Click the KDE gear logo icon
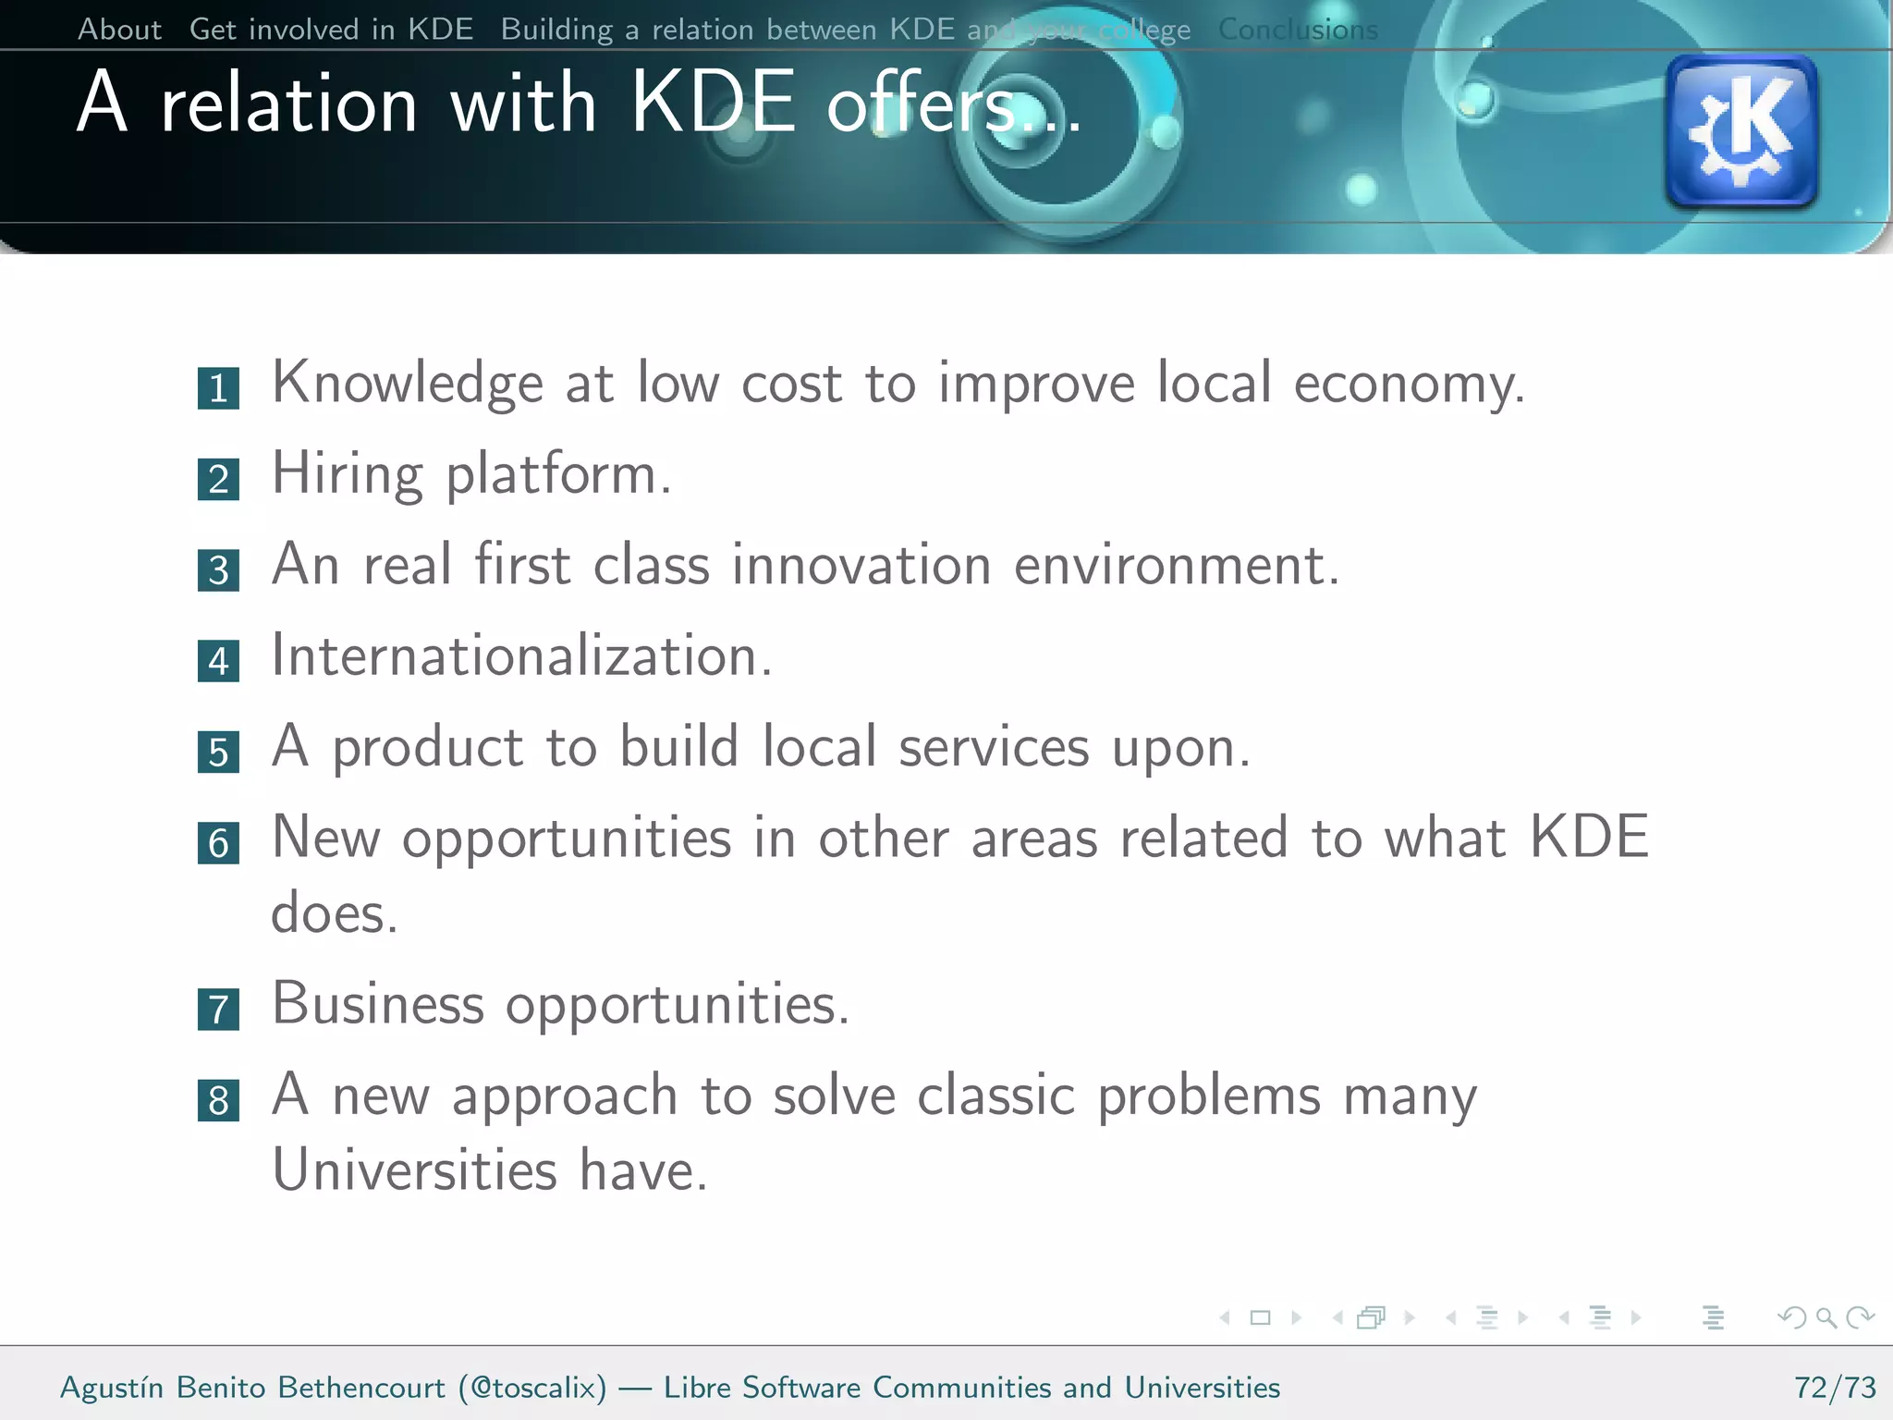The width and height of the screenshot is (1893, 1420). point(1741,130)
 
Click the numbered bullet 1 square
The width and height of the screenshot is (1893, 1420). point(218,388)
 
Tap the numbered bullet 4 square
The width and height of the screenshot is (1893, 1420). point(218,661)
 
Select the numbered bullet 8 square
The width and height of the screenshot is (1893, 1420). point(218,1100)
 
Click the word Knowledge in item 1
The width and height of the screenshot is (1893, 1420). point(407,384)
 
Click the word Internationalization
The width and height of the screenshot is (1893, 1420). point(520,656)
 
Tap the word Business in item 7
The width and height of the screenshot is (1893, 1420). point(377,1004)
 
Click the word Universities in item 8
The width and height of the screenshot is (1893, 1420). point(414,1170)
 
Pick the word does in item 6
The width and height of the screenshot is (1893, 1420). point(333,913)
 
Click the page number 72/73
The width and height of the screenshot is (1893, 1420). point(1835,1388)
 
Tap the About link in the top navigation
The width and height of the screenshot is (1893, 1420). point(119,30)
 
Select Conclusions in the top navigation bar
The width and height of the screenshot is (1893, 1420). point(1298,30)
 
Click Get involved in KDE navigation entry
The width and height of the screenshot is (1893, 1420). point(331,30)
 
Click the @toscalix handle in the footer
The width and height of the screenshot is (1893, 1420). point(532,1388)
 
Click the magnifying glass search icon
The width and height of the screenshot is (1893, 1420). point(1826,1317)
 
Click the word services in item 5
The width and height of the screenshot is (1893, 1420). point(994,747)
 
